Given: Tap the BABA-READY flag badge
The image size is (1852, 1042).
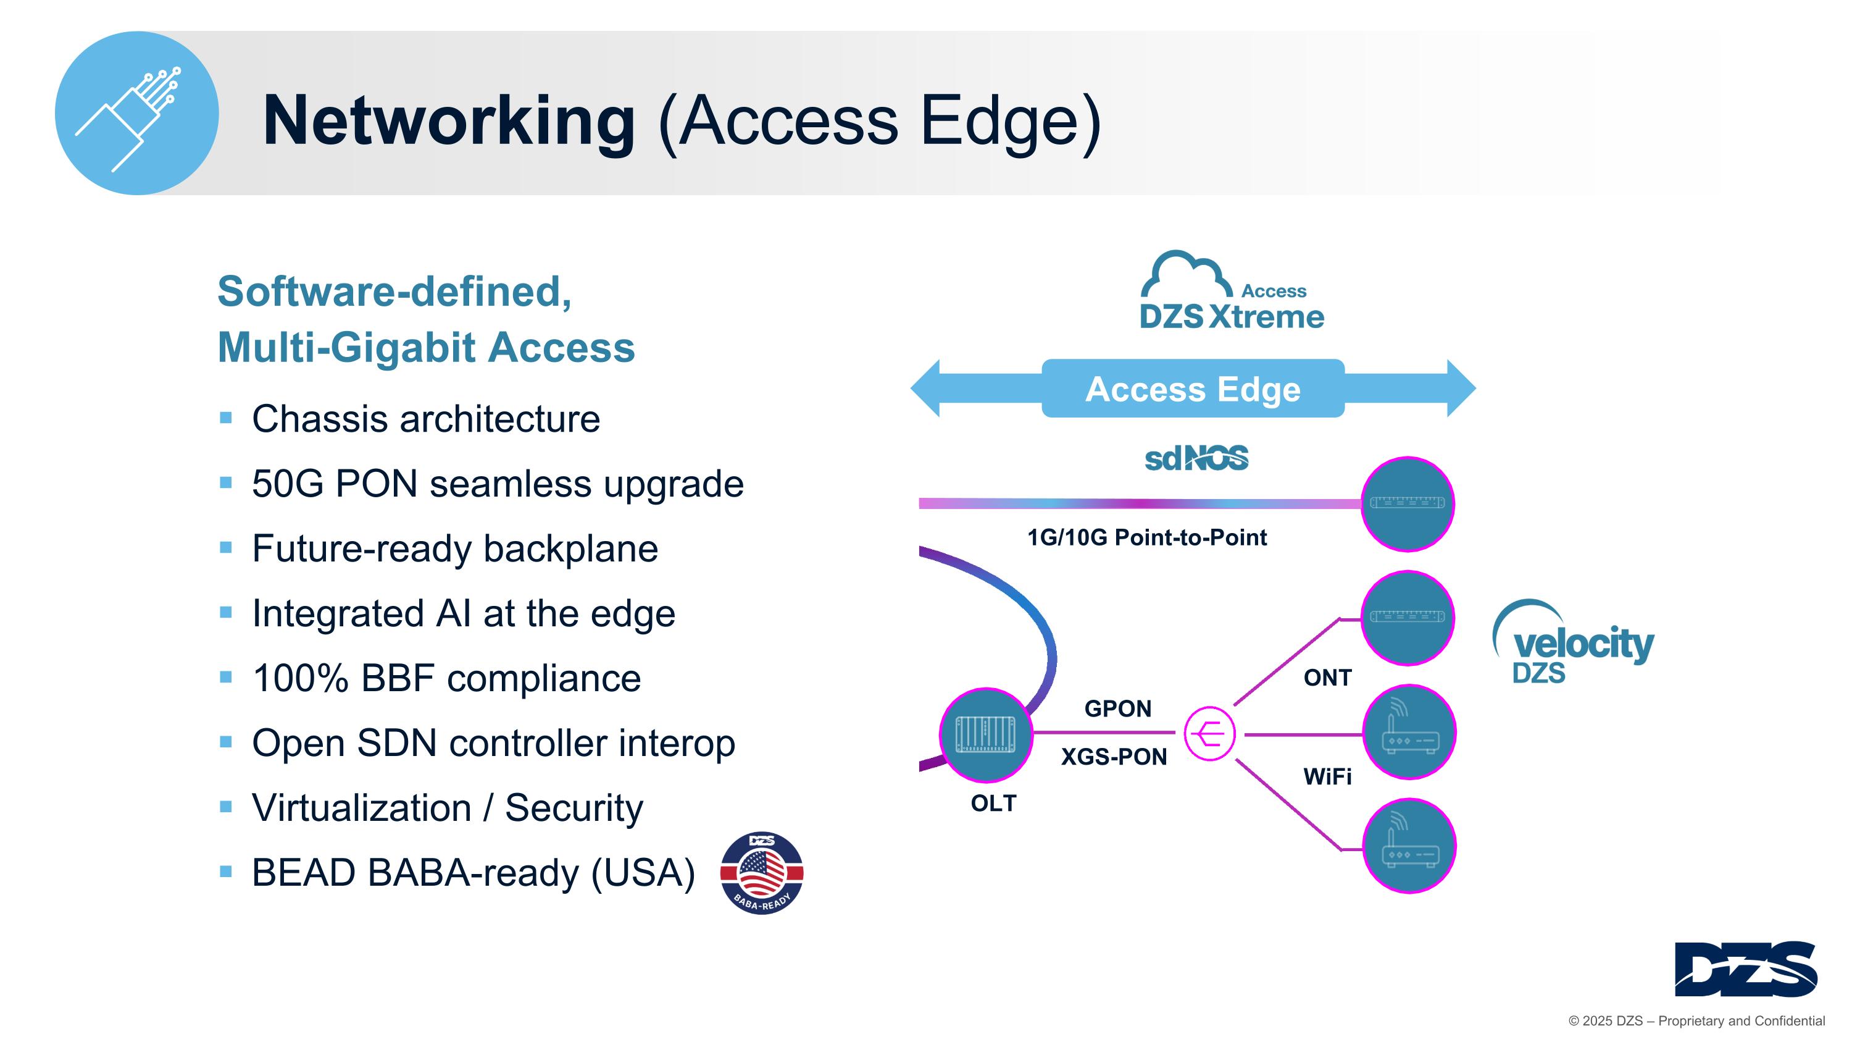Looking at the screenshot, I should [761, 872].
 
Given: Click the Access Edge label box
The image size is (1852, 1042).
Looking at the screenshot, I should [1193, 389].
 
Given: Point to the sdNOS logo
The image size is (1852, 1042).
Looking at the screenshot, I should [1196, 458].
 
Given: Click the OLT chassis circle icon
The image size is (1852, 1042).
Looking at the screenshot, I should [986, 734].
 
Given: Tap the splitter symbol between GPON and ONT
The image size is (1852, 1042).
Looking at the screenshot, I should [1209, 734].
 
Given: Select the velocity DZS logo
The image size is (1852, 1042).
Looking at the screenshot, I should [1574, 643].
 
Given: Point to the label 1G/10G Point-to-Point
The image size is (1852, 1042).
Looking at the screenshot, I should [1147, 537].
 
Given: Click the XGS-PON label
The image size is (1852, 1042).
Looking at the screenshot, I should [1114, 757].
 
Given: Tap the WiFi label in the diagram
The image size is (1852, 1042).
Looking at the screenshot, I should [1327, 776].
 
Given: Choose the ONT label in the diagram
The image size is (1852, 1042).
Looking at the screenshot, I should [1327, 678].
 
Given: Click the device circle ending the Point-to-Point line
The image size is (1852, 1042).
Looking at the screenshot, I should [1408, 503].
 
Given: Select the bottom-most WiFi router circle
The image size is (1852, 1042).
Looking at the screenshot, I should [1409, 846].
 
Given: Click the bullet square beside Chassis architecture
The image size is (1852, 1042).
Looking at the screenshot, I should [226, 418].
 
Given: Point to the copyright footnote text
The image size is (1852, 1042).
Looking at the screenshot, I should [1696, 1020].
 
